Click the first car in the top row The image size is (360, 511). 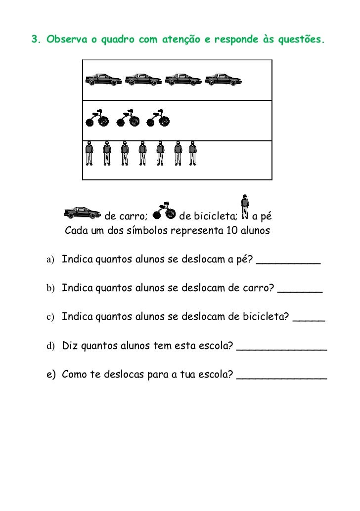pos(103,79)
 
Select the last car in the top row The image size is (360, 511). pos(223,79)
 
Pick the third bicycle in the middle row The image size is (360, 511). pos(158,119)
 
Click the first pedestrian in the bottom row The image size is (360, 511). pos(90,153)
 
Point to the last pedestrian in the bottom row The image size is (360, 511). pos(193,153)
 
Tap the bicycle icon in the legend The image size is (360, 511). pos(164,211)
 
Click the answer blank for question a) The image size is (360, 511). pos(288,261)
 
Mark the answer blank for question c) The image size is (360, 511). pos(309,320)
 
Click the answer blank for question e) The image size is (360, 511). pos(282,377)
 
